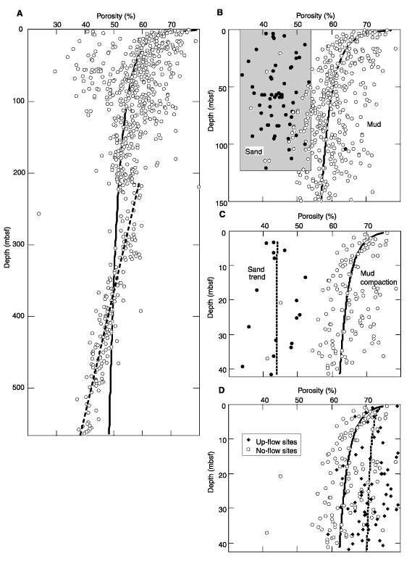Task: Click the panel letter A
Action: coord(20,13)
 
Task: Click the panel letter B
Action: coord(220,12)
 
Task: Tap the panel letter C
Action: coord(222,215)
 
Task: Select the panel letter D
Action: coord(222,390)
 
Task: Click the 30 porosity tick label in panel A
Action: coord(56,25)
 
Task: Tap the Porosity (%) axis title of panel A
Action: coord(116,16)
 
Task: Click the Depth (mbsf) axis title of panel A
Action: coord(7,248)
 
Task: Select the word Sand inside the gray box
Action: coord(253,151)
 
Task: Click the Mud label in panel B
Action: coord(374,124)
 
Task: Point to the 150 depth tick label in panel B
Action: coord(221,203)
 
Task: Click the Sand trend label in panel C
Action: coord(256,273)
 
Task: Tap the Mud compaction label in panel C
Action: coord(378,278)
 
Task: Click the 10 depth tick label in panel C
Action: coord(222,265)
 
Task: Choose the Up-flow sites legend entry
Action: coord(272,442)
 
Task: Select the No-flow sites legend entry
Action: coord(272,451)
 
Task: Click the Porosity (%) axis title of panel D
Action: coord(317,391)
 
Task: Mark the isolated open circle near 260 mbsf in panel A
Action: coord(39,214)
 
